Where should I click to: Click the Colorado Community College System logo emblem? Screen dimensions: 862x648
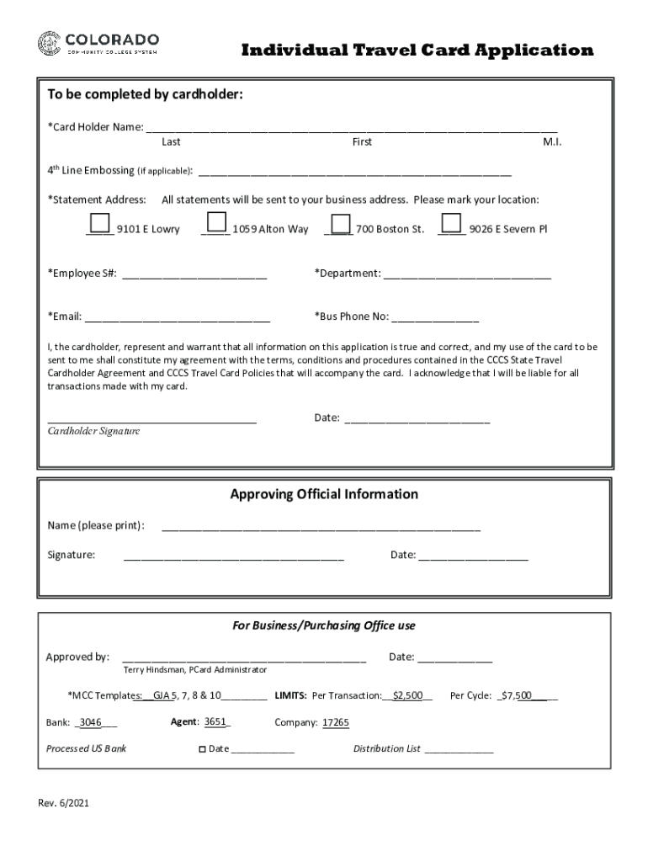pyautogui.click(x=49, y=43)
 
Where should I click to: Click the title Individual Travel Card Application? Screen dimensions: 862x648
pyautogui.click(x=417, y=51)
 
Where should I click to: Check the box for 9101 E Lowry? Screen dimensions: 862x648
pyautogui.click(x=99, y=223)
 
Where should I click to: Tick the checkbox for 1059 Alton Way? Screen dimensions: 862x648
pyautogui.click(x=216, y=222)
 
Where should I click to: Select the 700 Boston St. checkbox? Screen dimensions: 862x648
pyautogui.click(x=340, y=223)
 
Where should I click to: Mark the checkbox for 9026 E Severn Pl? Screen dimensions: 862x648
pyautogui.click(x=452, y=223)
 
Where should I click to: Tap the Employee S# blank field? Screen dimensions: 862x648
pyautogui.click(x=194, y=274)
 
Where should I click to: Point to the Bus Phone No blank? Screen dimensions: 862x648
pyautogui.click(x=435, y=317)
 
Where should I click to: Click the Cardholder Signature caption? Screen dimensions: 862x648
pyautogui.click(x=93, y=431)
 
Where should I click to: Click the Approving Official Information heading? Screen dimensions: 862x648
pyautogui.click(x=324, y=494)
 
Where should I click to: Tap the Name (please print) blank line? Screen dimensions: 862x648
pyautogui.click(x=321, y=526)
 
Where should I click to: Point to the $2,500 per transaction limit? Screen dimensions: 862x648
pyautogui.click(x=407, y=695)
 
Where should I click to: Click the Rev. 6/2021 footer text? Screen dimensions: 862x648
pyautogui.click(x=63, y=803)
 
